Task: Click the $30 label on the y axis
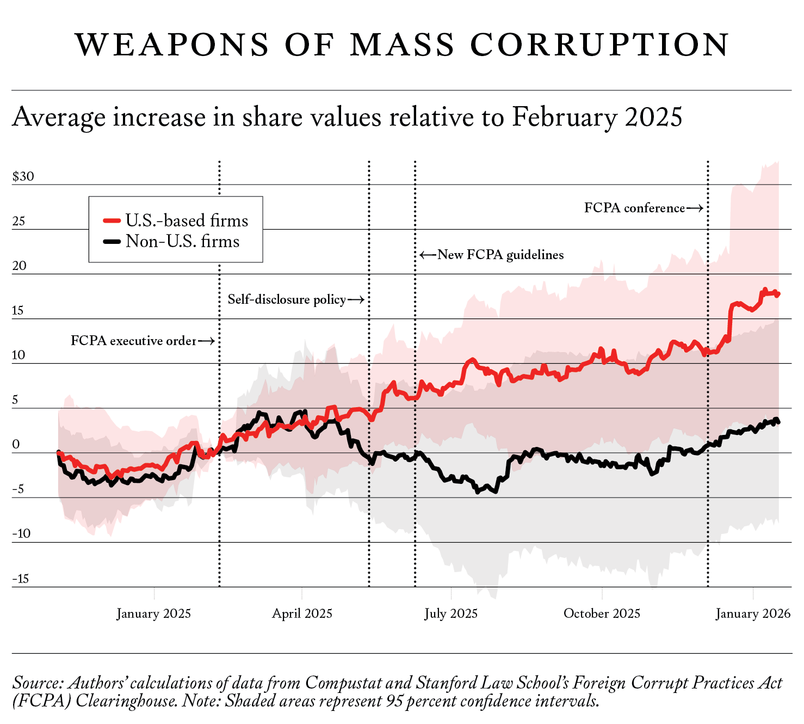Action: (x=23, y=176)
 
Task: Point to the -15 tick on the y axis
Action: (x=21, y=579)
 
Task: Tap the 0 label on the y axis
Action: (x=16, y=444)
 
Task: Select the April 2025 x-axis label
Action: (x=302, y=613)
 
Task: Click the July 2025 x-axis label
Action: (x=451, y=613)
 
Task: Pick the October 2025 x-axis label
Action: (x=602, y=613)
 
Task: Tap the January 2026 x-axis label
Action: (x=753, y=613)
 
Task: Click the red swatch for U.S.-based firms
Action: (x=112, y=220)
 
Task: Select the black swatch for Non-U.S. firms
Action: (x=112, y=241)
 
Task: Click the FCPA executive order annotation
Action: (x=133, y=341)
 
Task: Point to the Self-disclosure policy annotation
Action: (x=287, y=299)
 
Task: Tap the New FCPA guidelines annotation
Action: (x=500, y=255)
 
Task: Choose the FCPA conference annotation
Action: (x=634, y=208)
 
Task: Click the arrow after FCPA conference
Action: (x=695, y=208)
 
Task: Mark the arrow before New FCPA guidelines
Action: (x=428, y=255)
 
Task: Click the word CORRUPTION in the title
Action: (x=599, y=45)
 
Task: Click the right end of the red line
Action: (x=778, y=294)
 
